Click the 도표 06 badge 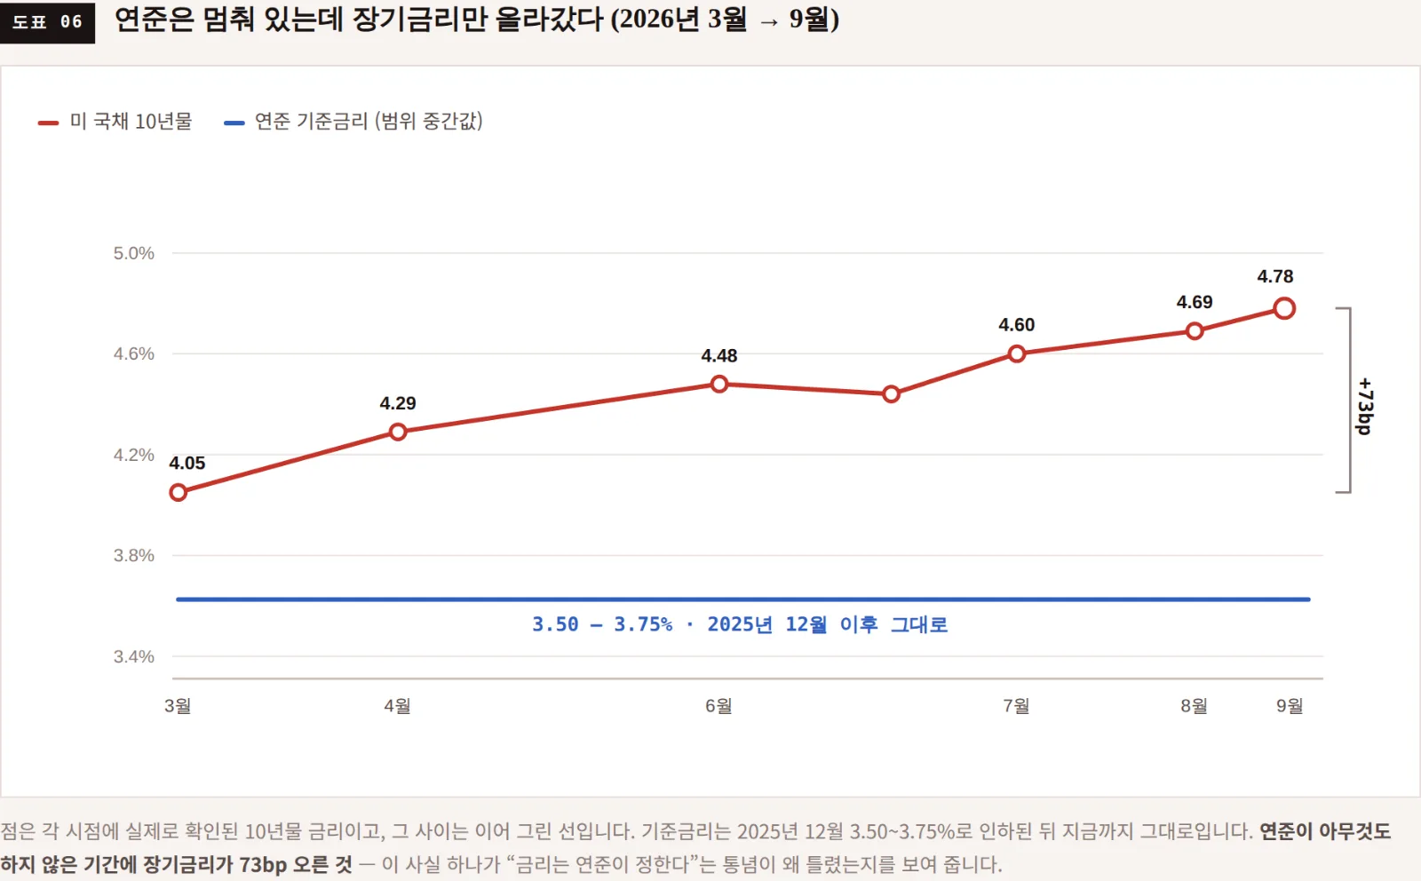(x=48, y=22)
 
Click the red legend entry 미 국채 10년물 (x=115, y=121)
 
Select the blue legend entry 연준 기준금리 (x=353, y=121)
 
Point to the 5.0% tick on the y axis (x=134, y=254)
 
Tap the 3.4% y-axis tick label (x=134, y=656)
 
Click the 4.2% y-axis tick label (x=134, y=455)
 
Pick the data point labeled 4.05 (x=179, y=492)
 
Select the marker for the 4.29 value (x=398, y=432)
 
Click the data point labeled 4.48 (x=718, y=384)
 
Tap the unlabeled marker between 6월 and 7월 (x=891, y=394)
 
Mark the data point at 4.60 (x=1016, y=354)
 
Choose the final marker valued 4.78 (x=1284, y=309)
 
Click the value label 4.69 (x=1195, y=302)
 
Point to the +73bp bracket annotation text (x=1365, y=407)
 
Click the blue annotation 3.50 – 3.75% (x=602, y=624)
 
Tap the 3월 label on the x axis (x=178, y=705)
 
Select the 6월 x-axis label (x=718, y=705)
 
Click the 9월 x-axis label (x=1290, y=705)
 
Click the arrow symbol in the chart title (x=769, y=22)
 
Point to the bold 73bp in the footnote (x=263, y=864)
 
